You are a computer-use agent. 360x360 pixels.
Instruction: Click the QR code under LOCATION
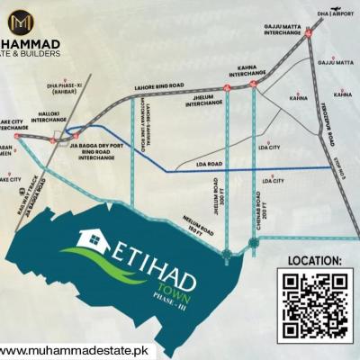click(314, 303)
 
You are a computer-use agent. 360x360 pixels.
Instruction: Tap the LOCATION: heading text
click(314, 260)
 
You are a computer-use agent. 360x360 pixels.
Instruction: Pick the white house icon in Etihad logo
click(93, 240)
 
